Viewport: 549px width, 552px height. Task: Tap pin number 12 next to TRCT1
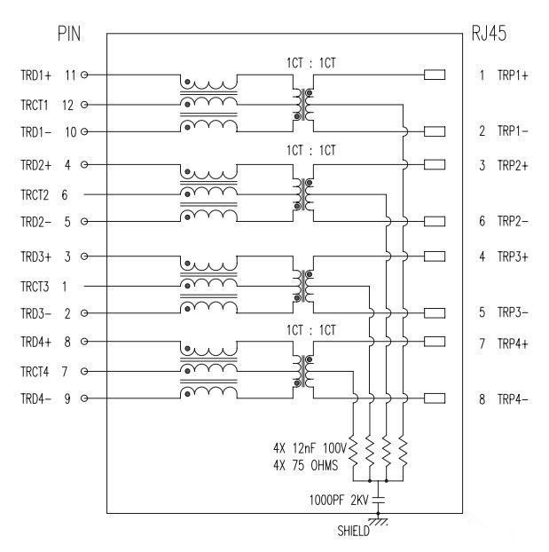click(x=67, y=105)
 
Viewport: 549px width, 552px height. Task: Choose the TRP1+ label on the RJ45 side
click(x=513, y=75)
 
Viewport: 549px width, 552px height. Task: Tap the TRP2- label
click(x=513, y=221)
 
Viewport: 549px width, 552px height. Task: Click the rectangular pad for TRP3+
click(x=435, y=256)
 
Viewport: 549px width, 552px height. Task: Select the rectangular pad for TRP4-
click(x=435, y=398)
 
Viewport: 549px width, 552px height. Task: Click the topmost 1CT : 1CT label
click(x=310, y=63)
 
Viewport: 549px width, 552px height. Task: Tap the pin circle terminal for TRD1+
click(x=84, y=75)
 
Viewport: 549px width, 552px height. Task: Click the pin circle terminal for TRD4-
click(x=84, y=398)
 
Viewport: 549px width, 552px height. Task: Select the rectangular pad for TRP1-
click(x=435, y=132)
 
